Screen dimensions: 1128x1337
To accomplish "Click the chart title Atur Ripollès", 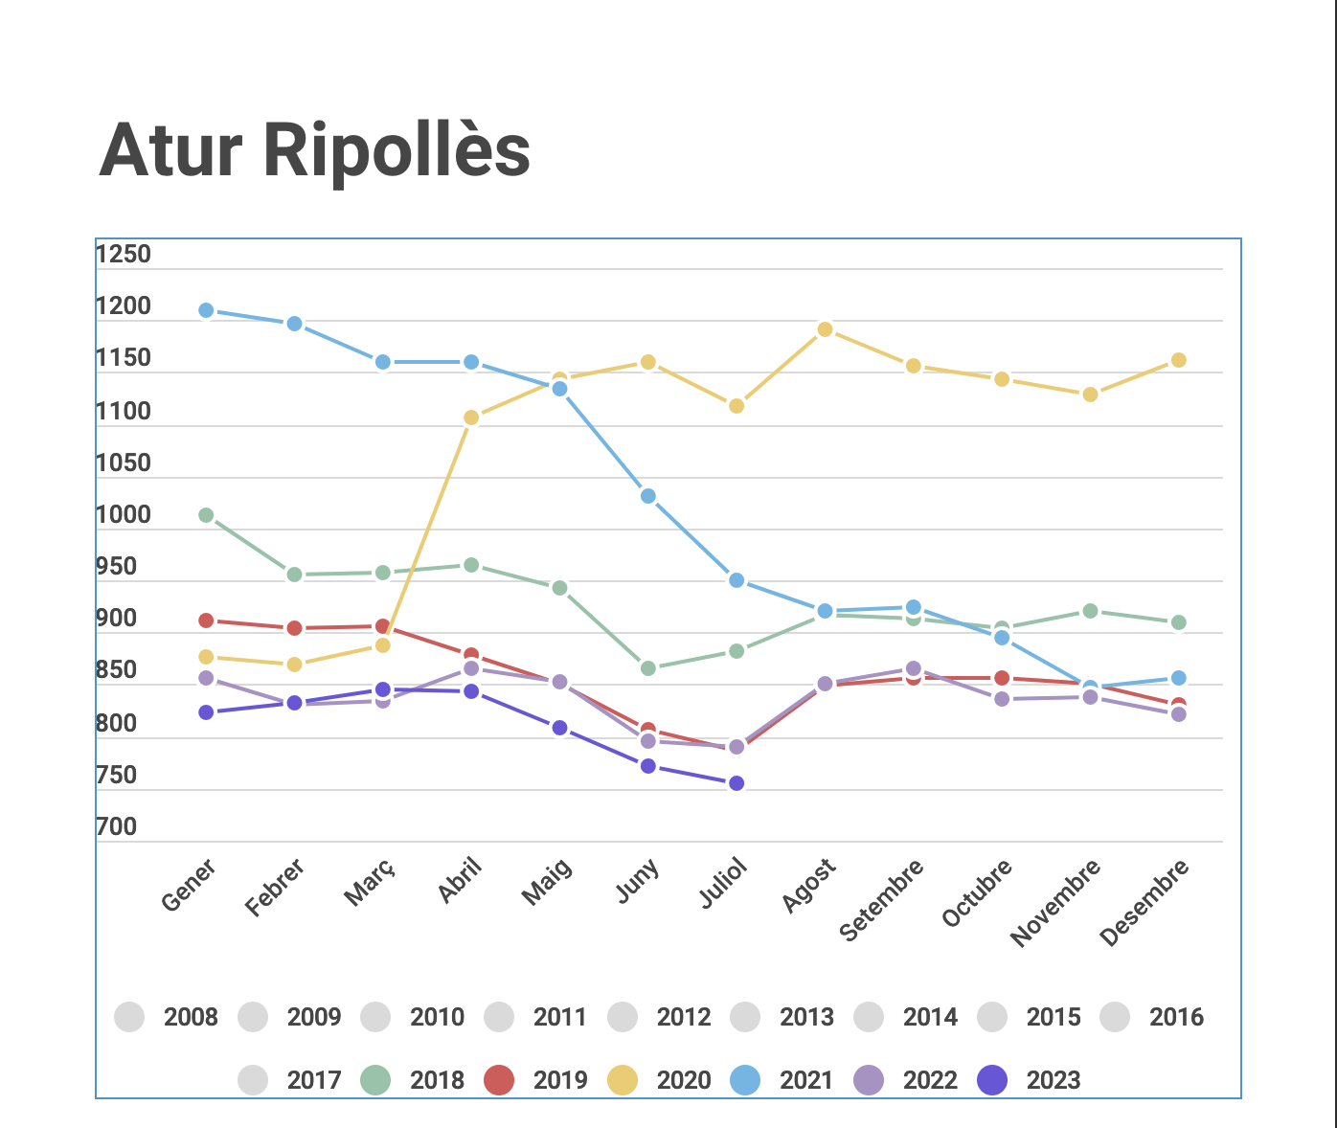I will pos(314,151).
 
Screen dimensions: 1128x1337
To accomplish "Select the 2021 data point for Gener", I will pos(206,310).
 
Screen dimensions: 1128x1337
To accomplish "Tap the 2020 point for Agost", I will pos(825,329).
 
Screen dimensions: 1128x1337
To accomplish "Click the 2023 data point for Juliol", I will pos(736,783).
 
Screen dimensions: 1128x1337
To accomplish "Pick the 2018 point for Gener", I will pos(206,515).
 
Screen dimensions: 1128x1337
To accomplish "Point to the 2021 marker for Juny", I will pos(648,496).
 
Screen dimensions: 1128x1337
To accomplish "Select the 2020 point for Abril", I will pos(471,417).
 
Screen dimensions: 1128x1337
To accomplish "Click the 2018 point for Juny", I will pos(648,668).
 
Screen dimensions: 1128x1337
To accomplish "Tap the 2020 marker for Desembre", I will pos(1179,360).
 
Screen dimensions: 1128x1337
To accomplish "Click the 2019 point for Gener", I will pos(206,620).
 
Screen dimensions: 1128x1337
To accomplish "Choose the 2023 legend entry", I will pos(1029,1080).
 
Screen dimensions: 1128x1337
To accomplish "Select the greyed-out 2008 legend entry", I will pos(167,1017).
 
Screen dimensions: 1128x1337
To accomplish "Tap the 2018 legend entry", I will pos(414,1080).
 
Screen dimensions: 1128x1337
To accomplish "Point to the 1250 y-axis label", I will pos(124,255).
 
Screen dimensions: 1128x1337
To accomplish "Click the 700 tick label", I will pos(117,827).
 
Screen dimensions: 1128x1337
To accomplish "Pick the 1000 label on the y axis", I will pos(124,515).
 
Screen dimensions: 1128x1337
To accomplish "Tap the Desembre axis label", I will pos(1144,902).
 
